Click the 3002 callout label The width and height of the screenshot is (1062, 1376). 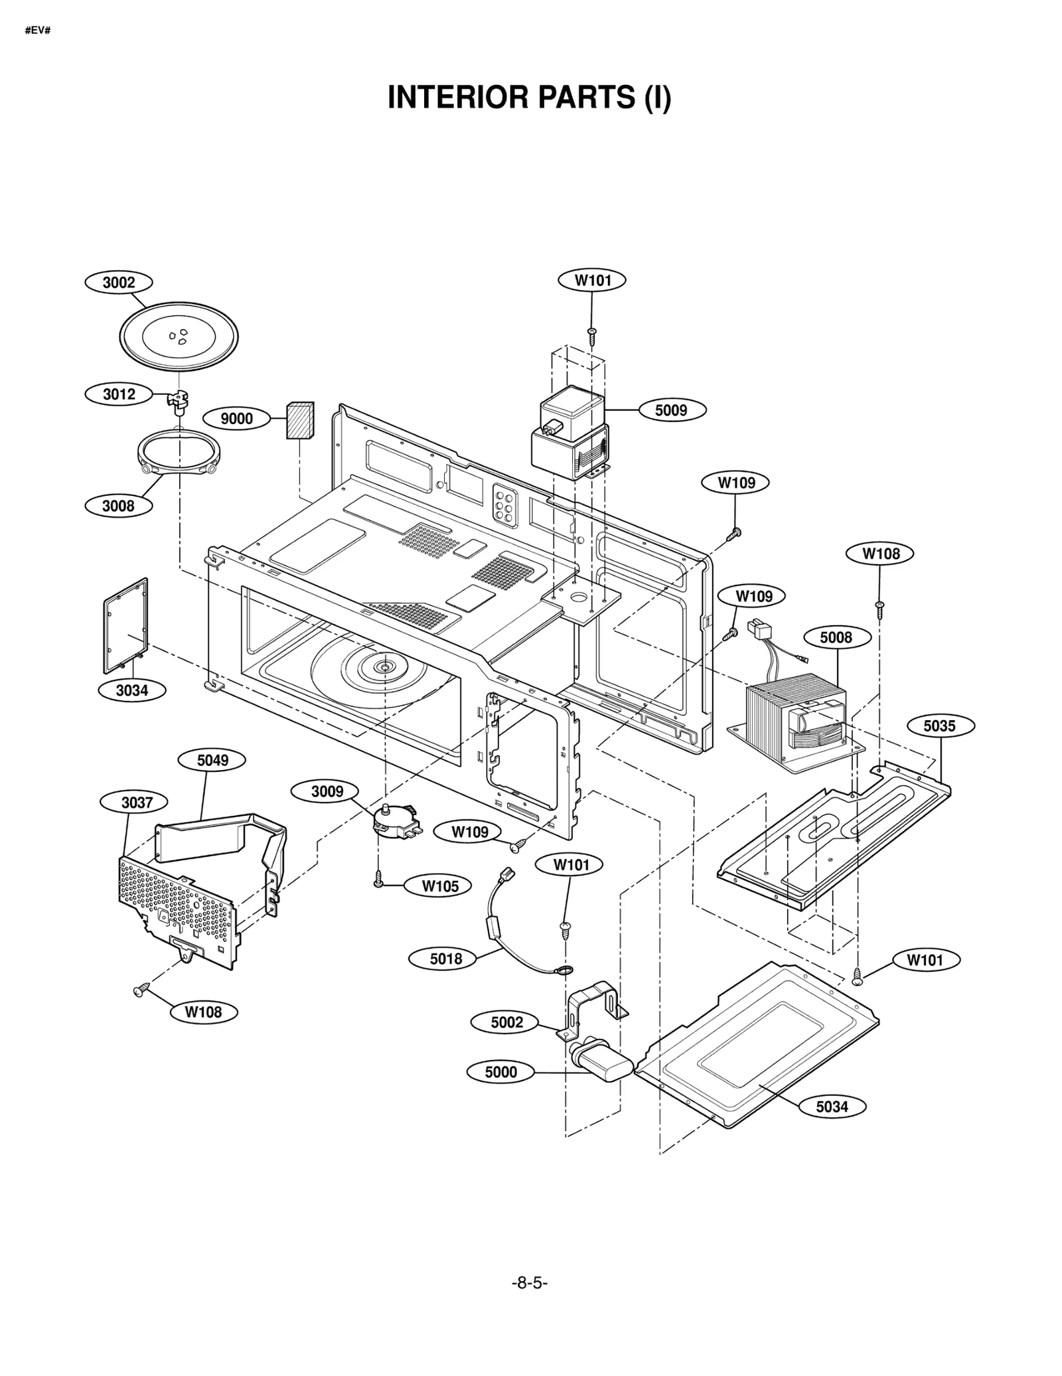[119, 283]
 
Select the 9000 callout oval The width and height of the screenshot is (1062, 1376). [237, 419]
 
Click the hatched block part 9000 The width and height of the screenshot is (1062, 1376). [300, 420]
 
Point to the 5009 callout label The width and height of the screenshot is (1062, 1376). [671, 410]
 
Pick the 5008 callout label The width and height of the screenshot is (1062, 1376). [836, 638]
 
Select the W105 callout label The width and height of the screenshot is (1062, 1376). [440, 886]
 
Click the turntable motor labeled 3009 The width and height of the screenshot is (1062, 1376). [396, 820]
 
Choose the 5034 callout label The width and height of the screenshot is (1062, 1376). [832, 1107]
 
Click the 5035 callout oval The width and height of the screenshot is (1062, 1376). [939, 726]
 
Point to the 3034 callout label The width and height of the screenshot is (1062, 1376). [132, 690]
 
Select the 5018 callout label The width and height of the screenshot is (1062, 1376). [445, 959]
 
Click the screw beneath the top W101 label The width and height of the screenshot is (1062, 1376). [592, 335]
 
